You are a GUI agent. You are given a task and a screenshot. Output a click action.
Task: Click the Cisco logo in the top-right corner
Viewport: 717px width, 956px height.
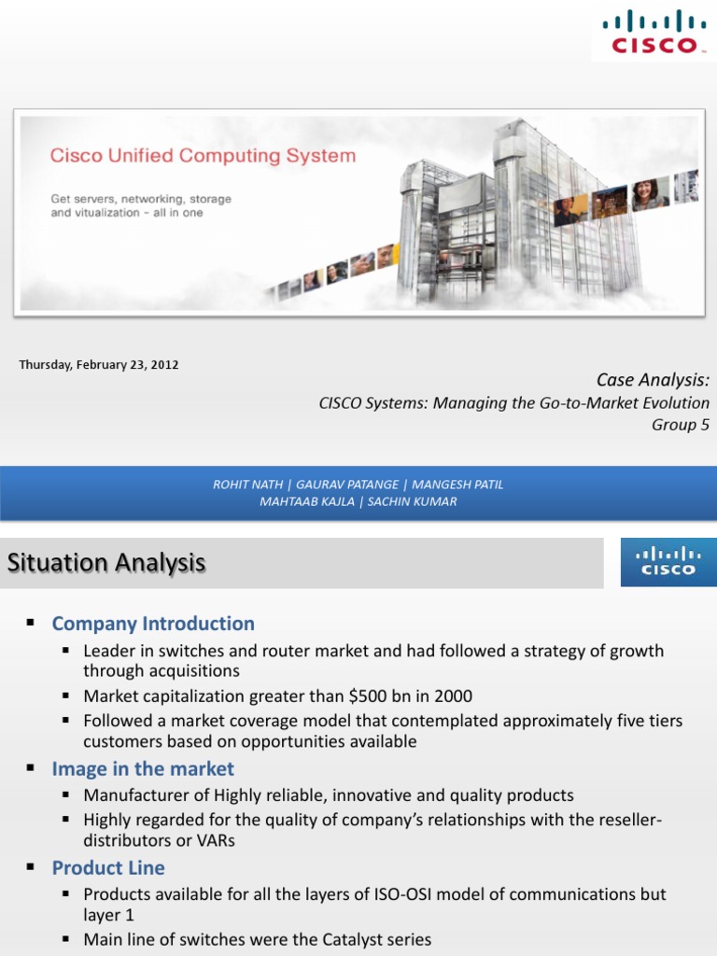pos(653,32)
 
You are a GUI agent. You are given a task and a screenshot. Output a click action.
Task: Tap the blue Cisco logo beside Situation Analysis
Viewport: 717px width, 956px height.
pos(665,562)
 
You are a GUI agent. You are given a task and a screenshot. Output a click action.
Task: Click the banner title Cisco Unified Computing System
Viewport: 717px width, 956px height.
pos(203,156)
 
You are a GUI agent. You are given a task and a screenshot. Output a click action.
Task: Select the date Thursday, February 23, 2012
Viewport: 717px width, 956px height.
pos(99,365)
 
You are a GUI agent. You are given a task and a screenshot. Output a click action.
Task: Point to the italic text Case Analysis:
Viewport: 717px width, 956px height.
pos(653,380)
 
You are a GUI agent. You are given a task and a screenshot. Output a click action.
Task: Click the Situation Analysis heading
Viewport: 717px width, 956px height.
pos(106,563)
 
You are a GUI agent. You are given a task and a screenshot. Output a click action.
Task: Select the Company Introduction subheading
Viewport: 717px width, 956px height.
pos(153,624)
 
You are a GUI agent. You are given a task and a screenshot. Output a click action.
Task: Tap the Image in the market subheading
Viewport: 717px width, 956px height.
pos(143,769)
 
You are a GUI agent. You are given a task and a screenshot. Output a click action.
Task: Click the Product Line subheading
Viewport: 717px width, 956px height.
pos(108,868)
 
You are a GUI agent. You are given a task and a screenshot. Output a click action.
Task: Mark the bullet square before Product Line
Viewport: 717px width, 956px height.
pos(31,868)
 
